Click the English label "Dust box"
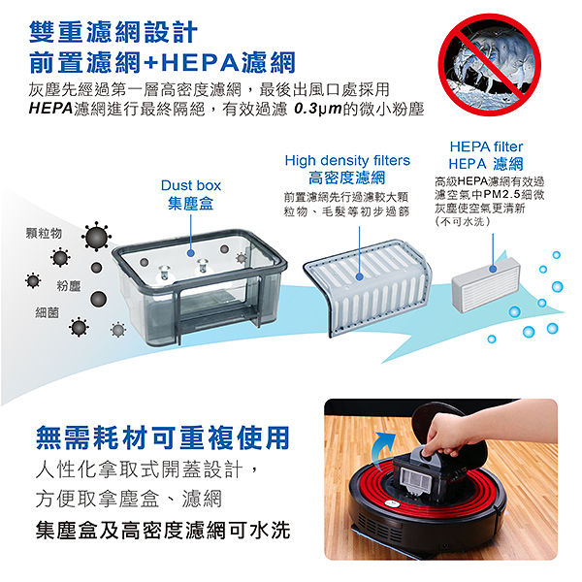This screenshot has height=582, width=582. coord(191,185)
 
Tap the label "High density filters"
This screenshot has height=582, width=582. coord(347,160)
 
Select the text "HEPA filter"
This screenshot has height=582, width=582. coord(486,146)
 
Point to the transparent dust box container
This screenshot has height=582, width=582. coord(199,286)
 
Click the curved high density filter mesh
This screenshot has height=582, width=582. coord(368,287)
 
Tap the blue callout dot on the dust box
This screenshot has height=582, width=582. coord(191,253)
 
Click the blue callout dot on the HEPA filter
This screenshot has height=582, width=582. coord(493,269)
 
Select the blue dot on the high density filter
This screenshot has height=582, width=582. coord(359,276)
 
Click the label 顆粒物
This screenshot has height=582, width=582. coord(44,233)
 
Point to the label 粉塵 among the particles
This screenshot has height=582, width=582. coord(69,286)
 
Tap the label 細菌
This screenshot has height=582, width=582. coord(48,313)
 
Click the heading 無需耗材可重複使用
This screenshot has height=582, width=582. coord(163,437)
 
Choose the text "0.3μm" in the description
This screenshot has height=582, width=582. coord(318,109)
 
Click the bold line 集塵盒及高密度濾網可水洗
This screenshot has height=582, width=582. coord(163,530)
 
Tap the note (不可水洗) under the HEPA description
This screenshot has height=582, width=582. coord(463,221)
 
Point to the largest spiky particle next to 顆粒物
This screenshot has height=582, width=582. coord(96,237)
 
